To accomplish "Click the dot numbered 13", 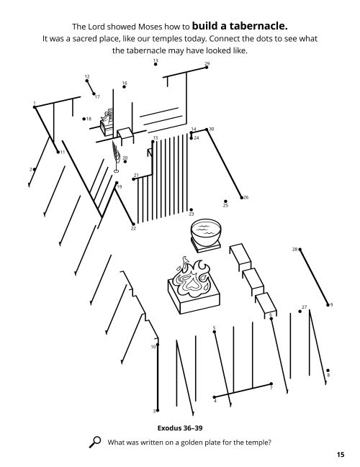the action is (156, 64).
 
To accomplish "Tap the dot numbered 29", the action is (207, 68).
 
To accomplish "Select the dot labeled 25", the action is (225, 201).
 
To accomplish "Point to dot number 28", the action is (300, 249).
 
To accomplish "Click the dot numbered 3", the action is (158, 410).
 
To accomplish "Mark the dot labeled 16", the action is (125, 86).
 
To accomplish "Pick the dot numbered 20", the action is (125, 161).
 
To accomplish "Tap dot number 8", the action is (328, 371).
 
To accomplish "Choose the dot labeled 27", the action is (300, 312).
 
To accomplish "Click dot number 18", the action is (84, 119).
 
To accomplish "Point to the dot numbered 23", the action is (191, 209).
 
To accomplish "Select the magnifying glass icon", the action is (95, 442).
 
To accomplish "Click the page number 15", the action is (341, 455).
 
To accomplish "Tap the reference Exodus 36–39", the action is (180, 428).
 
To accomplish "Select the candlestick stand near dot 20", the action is (116, 157).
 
